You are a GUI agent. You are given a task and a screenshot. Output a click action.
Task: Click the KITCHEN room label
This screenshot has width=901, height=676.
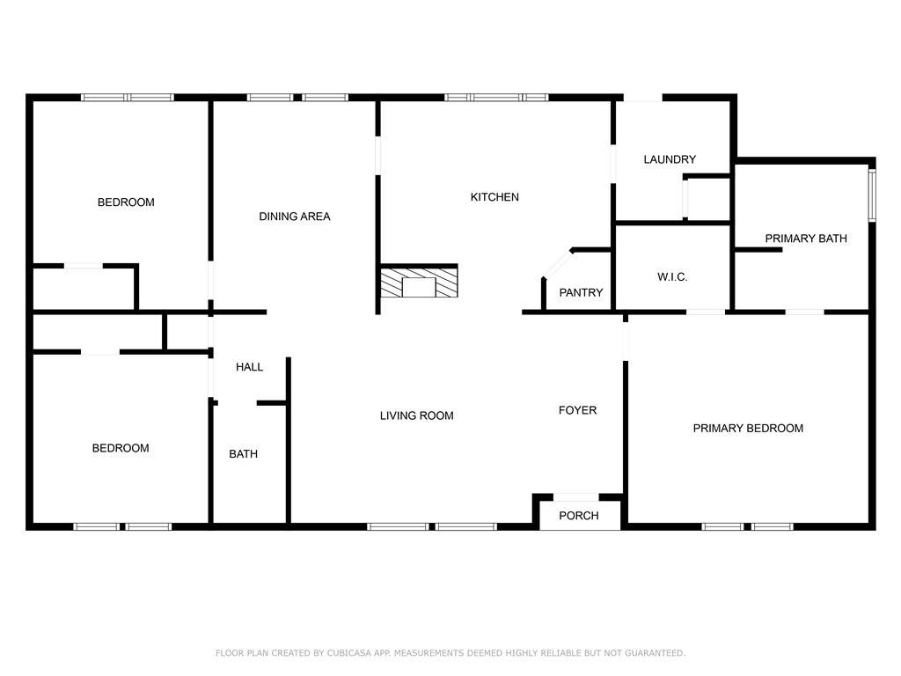494,197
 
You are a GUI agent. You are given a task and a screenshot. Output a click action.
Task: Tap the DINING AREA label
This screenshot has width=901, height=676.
294,217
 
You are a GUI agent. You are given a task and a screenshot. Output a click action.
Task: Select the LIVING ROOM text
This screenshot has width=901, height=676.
416,415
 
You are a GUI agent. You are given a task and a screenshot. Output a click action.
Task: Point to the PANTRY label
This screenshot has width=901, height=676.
581,292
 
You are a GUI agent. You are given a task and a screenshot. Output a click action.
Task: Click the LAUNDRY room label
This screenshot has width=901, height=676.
670,159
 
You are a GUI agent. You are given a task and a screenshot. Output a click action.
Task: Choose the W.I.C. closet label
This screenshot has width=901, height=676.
672,277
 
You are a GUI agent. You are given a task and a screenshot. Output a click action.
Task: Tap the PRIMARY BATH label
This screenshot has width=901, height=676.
806,239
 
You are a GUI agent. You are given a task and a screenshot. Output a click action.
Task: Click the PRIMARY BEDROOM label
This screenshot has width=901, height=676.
748,429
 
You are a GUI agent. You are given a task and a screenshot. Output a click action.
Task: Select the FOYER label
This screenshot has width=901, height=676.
577,410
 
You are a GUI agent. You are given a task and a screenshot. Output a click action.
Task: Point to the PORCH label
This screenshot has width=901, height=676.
579,516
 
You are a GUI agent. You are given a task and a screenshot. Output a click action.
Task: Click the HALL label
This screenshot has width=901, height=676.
249,367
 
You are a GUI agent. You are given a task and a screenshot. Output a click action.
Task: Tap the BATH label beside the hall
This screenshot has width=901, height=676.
243,454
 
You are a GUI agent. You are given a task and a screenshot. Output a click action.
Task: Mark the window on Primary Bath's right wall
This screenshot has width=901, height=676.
872,195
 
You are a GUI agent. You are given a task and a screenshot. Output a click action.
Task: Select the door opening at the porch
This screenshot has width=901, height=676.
575,497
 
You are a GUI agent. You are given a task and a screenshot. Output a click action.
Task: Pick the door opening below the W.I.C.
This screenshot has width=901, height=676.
706,312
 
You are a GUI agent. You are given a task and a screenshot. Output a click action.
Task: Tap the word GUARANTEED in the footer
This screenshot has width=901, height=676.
655,653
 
